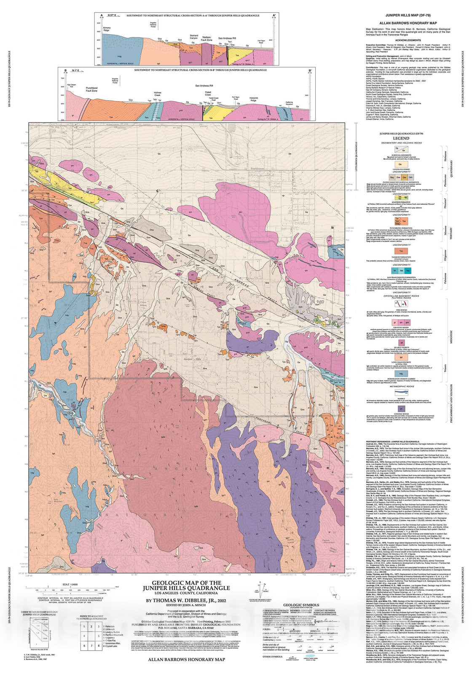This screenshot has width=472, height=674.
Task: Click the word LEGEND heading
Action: [x=401, y=138]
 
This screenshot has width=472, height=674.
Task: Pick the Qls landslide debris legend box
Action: [x=400, y=164]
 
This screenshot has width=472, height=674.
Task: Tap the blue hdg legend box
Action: [x=400, y=374]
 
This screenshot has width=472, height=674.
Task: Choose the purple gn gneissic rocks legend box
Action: [x=400, y=409]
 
